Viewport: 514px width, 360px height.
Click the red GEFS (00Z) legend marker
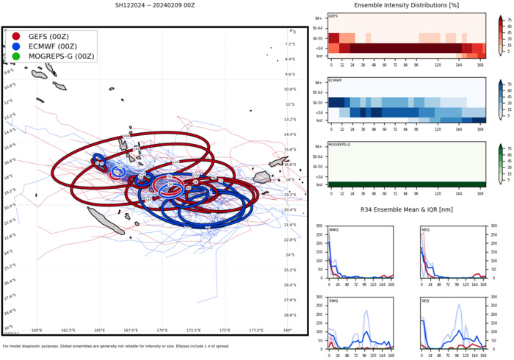pos(16,35)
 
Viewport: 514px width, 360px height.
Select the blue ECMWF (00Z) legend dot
pos(16,46)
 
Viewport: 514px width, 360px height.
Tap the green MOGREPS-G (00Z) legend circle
pos(16,56)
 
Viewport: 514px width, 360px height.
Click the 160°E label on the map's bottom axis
pos(37,331)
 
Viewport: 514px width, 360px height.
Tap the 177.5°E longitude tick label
pos(256,331)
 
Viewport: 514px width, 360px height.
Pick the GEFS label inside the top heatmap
pos(333,15)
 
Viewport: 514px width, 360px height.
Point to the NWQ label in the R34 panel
pos(334,231)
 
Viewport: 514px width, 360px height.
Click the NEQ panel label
pos(426,231)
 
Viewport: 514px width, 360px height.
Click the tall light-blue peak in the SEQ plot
pos(460,305)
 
